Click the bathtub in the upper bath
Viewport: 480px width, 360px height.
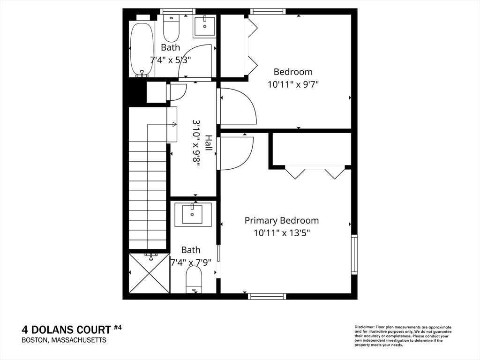coord(142,48)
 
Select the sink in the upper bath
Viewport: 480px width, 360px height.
coord(204,26)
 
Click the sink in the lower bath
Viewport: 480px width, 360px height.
coord(193,214)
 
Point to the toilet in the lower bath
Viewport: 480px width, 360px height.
coord(194,279)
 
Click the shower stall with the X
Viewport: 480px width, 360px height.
coord(150,272)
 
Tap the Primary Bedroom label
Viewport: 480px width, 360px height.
coord(282,220)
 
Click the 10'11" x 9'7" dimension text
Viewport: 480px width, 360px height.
coord(293,84)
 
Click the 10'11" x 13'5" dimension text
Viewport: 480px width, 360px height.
coord(282,233)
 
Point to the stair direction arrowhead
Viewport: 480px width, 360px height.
coord(174,124)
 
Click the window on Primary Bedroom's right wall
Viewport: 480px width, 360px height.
coord(354,255)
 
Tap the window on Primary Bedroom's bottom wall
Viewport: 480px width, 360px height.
coord(267,296)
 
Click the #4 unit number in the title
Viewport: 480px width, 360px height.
coord(118,328)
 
